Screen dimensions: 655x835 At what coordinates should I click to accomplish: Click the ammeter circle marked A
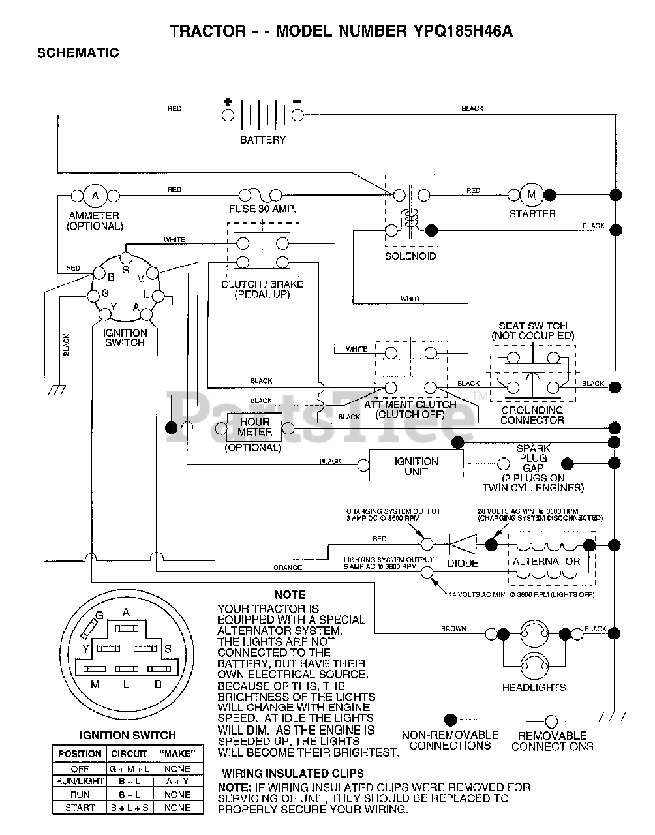(x=95, y=196)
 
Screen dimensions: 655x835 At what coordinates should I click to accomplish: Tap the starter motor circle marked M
(x=532, y=195)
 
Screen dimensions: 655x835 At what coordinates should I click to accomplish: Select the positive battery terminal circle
(x=228, y=115)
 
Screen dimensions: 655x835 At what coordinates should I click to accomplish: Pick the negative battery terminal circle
(x=297, y=115)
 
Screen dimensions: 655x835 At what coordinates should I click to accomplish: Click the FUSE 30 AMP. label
(x=263, y=209)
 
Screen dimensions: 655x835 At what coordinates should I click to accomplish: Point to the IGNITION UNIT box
(x=416, y=465)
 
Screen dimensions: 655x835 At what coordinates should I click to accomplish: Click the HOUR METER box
(x=254, y=427)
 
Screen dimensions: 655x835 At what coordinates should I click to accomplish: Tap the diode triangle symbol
(x=463, y=544)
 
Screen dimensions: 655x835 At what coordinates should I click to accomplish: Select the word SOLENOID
(x=410, y=256)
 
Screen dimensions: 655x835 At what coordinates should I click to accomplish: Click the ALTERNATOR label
(x=546, y=562)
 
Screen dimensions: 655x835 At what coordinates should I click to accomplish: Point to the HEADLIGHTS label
(x=534, y=687)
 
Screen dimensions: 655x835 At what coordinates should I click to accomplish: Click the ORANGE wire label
(x=288, y=568)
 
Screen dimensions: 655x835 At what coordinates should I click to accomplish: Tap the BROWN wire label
(x=453, y=629)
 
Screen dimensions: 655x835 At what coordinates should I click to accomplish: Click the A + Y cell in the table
(x=177, y=782)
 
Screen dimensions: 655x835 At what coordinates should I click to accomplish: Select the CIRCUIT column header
(x=129, y=754)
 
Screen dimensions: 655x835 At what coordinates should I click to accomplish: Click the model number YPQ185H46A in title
(x=463, y=31)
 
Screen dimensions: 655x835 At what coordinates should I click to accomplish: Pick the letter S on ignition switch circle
(x=126, y=270)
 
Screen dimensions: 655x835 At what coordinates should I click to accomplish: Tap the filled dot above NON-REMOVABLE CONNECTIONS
(x=450, y=720)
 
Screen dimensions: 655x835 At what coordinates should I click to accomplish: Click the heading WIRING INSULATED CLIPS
(x=293, y=774)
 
